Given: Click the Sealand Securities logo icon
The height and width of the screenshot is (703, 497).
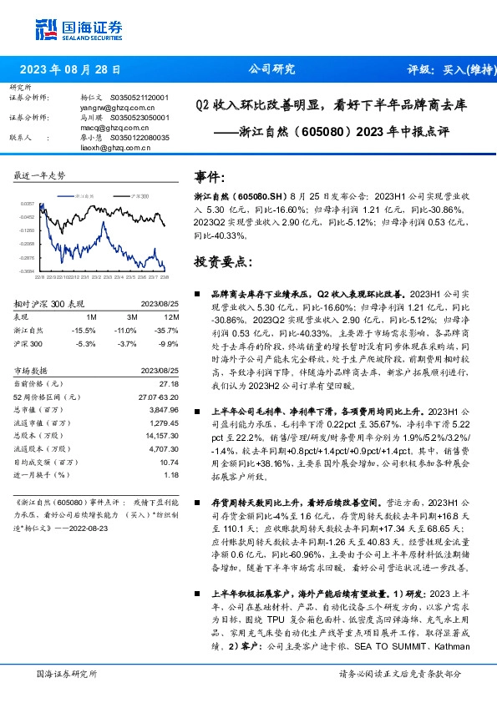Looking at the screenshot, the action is point(47,29).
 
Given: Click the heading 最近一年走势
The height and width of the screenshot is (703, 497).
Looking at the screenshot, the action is point(39,175).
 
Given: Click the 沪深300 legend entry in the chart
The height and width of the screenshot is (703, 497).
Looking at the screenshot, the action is point(138,195).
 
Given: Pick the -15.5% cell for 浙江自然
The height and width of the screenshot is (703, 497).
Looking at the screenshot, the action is point(88,331).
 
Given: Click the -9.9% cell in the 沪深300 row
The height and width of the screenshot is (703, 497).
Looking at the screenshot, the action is point(170,343).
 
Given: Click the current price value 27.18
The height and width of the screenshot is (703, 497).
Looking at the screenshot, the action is point(170,382).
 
